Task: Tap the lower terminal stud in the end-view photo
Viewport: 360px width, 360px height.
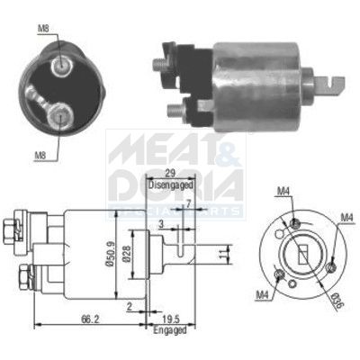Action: click(x=60, y=113)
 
